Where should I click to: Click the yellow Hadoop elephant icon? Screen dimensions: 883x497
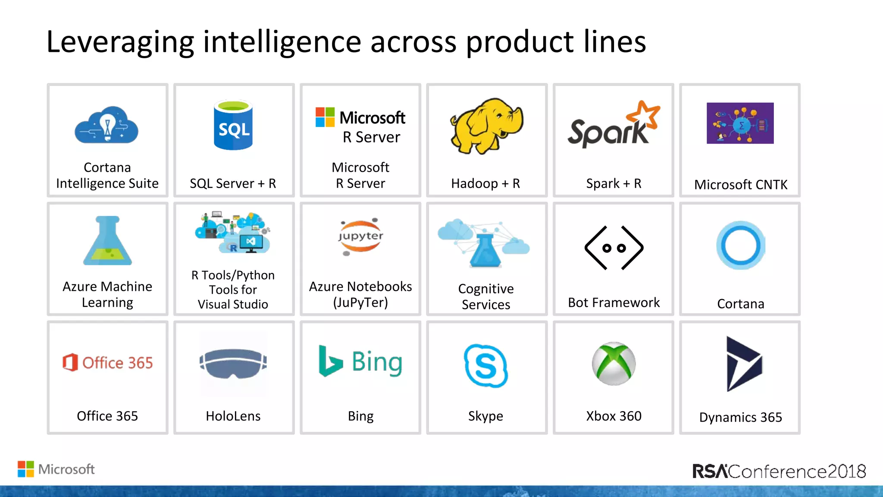(x=486, y=125)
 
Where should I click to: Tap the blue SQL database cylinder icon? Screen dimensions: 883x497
(x=233, y=126)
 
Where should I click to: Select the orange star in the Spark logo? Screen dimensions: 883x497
(x=643, y=114)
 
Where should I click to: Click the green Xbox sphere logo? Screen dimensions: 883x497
(x=614, y=363)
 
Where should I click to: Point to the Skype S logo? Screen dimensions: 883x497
(x=486, y=365)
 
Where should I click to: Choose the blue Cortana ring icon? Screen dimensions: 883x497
(x=740, y=245)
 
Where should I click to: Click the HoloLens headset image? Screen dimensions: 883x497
(x=233, y=363)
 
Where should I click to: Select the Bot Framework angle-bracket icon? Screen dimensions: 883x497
(x=614, y=248)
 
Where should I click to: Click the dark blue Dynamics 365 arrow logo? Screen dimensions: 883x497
(x=743, y=364)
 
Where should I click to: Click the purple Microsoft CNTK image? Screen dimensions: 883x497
(x=740, y=123)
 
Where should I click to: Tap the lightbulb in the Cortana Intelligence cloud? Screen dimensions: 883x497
(x=107, y=125)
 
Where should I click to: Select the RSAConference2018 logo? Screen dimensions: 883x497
(x=779, y=471)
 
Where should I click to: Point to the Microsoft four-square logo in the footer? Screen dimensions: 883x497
(x=26, y=469)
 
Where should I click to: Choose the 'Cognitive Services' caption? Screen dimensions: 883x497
(x=486, y=296)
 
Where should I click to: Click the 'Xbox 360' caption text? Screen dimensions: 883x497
(x=614, y=416)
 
